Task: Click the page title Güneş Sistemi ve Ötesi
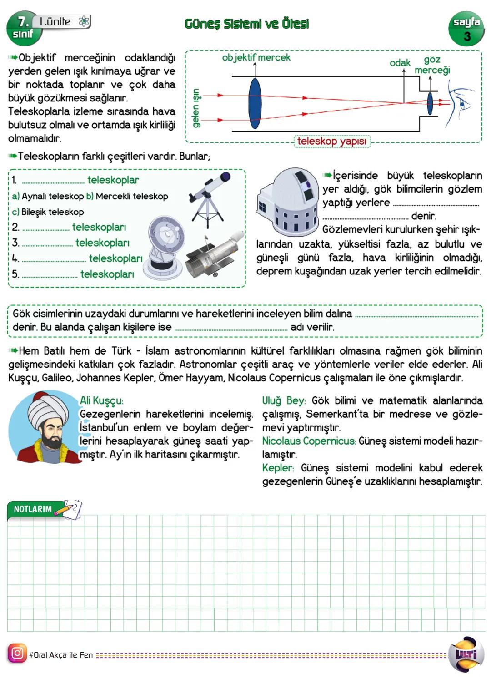247,24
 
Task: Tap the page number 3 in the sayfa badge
467,36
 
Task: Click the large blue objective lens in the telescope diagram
255,103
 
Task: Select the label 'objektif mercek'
256,57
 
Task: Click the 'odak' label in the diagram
400,63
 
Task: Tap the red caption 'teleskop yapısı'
331,142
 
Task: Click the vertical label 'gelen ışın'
196,108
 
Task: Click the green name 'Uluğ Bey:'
284,401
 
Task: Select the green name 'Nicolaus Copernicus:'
309,441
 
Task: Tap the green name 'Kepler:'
278,468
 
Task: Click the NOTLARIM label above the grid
33,509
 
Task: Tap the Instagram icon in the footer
17,653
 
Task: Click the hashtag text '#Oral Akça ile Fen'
61,655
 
